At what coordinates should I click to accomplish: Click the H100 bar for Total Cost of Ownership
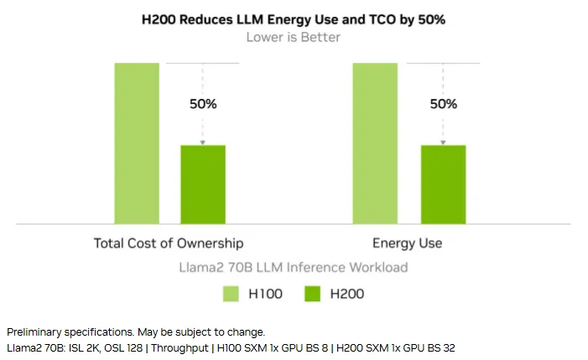point(137,143)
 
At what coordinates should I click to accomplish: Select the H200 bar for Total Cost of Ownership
point(203,184)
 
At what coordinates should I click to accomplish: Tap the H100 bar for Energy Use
point(375,143)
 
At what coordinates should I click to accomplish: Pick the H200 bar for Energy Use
point(442,184)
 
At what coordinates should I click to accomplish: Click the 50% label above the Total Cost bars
point(203,104)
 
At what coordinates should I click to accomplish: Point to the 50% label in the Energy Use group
point(443,104)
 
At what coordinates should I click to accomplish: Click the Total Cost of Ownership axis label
point(169,243)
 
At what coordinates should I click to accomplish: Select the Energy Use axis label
point(408,243)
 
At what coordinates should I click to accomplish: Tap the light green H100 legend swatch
point(232,293)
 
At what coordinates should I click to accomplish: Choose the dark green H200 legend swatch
point(312,293)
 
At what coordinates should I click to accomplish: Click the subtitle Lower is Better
point(293,37)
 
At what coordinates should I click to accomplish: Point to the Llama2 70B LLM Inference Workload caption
point(293,267)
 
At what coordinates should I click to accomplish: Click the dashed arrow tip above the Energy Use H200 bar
point(443,143)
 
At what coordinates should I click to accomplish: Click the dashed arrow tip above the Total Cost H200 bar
point(203,143)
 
